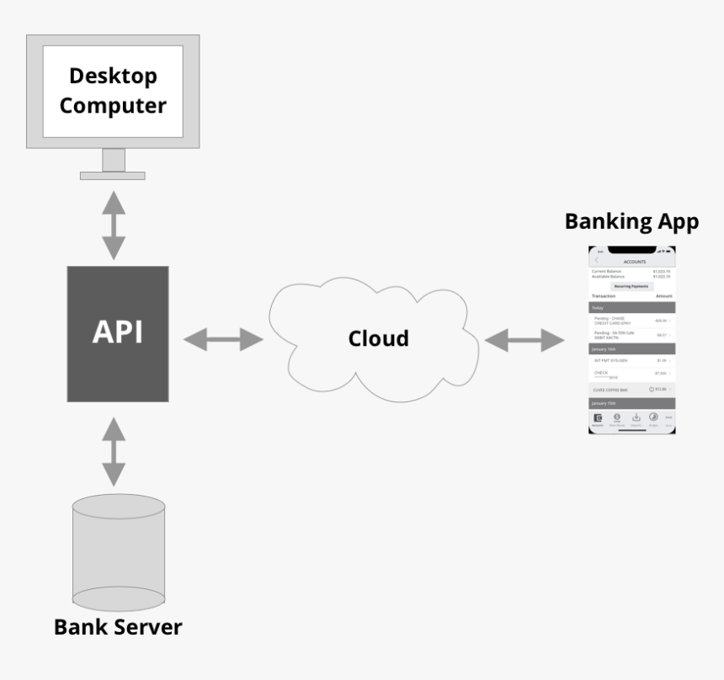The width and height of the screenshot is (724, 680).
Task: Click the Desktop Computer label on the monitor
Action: tap(113, 91)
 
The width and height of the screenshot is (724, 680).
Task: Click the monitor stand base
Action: tap(113, 175)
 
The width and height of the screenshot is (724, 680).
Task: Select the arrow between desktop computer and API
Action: tap(113, 225)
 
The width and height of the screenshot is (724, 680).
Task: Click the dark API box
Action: tap(117, 333)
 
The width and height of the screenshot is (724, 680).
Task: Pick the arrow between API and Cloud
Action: tap(224, 339)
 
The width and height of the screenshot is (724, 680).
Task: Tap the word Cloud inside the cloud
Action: tap(379, 338)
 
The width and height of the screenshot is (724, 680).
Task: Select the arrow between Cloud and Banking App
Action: tap(524, 340)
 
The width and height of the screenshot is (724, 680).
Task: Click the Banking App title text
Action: tap(631, 221)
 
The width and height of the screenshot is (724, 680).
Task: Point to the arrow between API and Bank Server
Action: tap(113, 451)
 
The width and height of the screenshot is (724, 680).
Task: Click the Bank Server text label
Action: tap(118, 627)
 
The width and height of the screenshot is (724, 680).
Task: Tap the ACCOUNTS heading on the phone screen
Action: tap(635, 262)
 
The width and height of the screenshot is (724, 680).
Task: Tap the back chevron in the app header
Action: tap(597, 260)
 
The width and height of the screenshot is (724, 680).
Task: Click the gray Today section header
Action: tap(631, 308)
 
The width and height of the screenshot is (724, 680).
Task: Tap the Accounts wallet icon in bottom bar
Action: tap(598, 417)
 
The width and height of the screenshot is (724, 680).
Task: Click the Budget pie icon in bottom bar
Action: tap(652, 417)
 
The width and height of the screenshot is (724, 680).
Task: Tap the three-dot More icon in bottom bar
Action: tap(668, 417)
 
